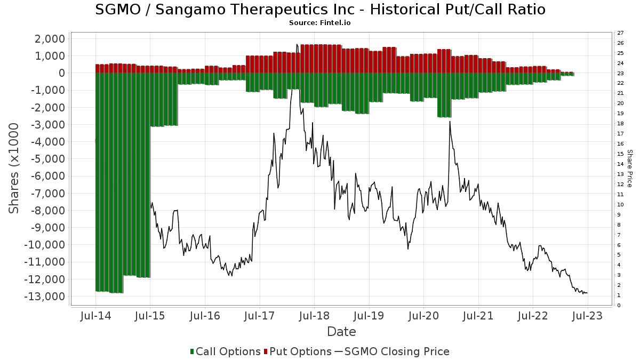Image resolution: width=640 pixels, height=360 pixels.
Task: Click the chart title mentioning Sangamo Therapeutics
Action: pyautogui.click(x=320, y=10)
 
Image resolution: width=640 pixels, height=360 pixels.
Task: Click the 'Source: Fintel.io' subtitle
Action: pyautogui.click(x=320, y=23)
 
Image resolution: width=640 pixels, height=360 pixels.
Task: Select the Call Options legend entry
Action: pyautogui.click(x=226, y=351)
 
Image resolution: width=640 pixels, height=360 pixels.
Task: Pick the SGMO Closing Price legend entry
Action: pyautogui.click(x=392, y=351)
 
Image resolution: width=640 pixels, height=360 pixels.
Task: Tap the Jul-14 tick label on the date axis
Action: pyautogui.click(x=95, y=316)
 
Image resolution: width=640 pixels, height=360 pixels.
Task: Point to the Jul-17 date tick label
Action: pyautogui.click(x=260, y=316)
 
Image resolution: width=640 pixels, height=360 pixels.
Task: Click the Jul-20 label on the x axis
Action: pyautogui.click(x=423, y=316)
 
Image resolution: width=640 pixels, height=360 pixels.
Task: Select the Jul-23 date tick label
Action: pyautogui.click(x=588, y=316)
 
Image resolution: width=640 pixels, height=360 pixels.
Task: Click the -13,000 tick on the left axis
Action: pyautogui.click(x=46, y=297)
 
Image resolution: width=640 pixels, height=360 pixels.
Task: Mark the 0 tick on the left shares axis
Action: pyautogui.click(x=62, y=73)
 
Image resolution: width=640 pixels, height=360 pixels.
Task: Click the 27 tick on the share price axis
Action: pyautogui.click(x=620, y=33)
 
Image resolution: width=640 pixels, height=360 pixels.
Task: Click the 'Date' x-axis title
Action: pyautogui.click(x=341, y=332)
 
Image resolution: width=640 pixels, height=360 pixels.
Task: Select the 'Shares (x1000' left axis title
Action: pyautogui.click(x=15, y=168)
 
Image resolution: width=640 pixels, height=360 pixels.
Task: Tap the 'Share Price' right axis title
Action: pyautogui.click(x=630, y=168)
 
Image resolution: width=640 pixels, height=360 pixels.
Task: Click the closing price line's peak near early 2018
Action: pyautogui.click(x=297, y=44)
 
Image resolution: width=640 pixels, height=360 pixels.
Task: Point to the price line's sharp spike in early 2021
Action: pyautogui.click(x=450, y=121)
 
